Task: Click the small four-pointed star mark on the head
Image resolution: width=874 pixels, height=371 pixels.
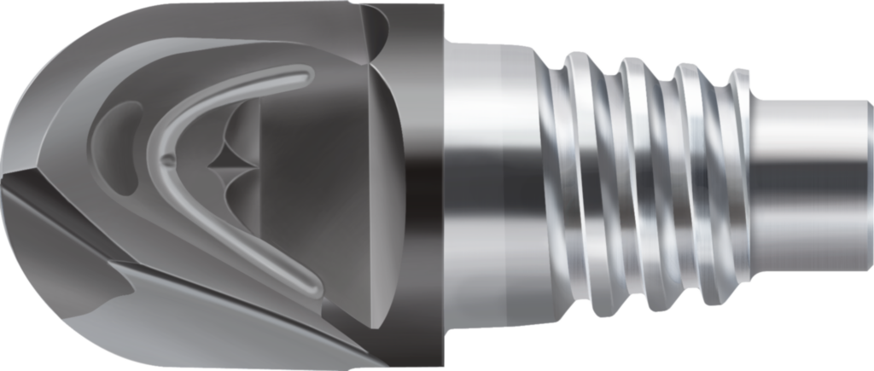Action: (x=230, y=159)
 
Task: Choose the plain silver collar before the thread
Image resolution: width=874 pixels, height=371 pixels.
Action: (x=487, y=183)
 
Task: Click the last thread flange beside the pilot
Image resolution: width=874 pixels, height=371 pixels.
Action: (x=741, y=183)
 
